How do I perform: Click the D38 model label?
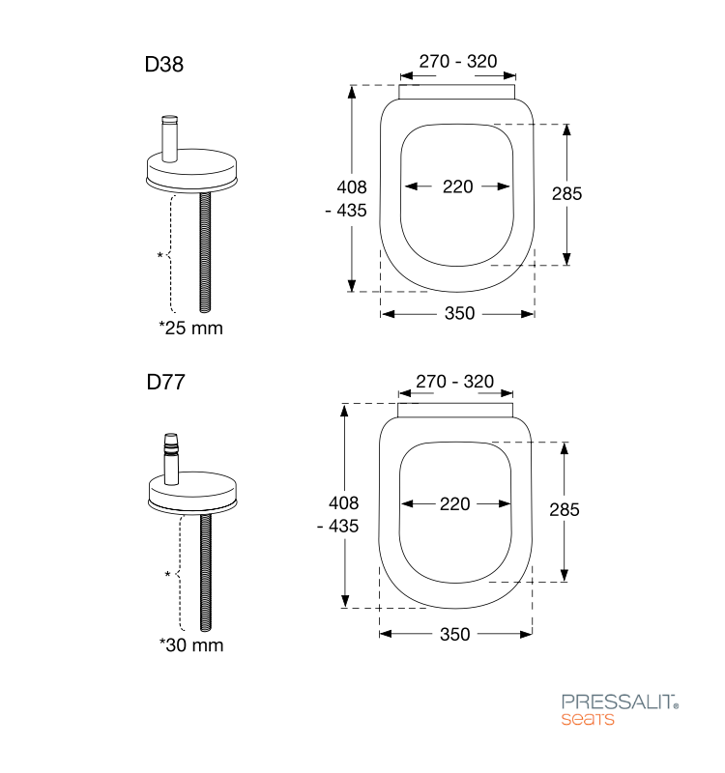[163, 64]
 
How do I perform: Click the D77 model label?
[165, 382]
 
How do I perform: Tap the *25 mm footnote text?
[190, 328]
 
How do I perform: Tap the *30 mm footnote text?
[191, 644]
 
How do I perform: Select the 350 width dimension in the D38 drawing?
[459, 313]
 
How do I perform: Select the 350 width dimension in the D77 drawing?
[454, 634]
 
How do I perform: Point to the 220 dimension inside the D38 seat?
[457, 186]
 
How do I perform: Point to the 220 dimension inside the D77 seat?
[454, 503]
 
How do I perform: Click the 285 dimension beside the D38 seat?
[566, 194]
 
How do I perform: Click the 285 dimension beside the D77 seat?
[565, 510]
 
